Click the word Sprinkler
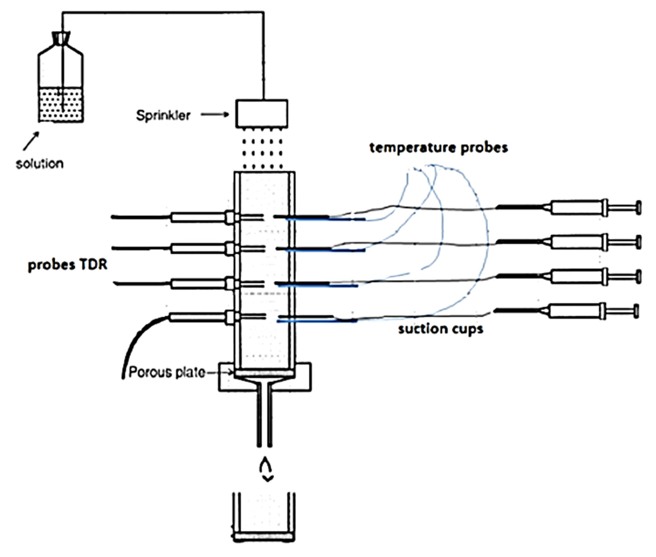(163, 116)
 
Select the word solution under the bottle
(40, 163)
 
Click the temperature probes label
(439, 148)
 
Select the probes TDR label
(68, 265)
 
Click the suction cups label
(440, 329)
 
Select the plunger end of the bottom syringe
(636, 311)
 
